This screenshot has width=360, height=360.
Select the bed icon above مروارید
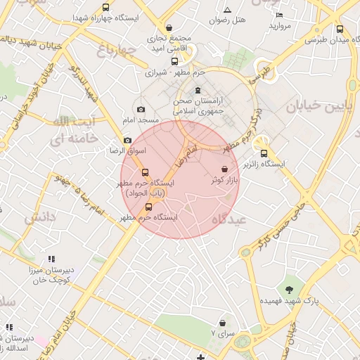click(x=279, y=15)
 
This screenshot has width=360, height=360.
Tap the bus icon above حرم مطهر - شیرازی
click(x=174, y=60)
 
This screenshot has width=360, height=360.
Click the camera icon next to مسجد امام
click(x=141, y=109)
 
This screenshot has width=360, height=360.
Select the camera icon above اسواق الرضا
click(x=127, y=141)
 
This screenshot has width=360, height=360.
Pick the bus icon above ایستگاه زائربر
click(x=264, y=153)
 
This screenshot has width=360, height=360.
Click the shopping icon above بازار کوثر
click(x=224, y=169)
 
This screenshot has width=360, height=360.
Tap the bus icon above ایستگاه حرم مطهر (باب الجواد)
click(x=145, y=172)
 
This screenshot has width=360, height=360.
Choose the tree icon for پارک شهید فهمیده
click(x=290, y=289)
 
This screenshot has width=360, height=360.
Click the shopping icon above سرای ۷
click(x=222, y=322)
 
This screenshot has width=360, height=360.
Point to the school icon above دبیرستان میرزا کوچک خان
click(x=51, y=259)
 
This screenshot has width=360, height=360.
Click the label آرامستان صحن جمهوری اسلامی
click(x=198, y=105)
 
